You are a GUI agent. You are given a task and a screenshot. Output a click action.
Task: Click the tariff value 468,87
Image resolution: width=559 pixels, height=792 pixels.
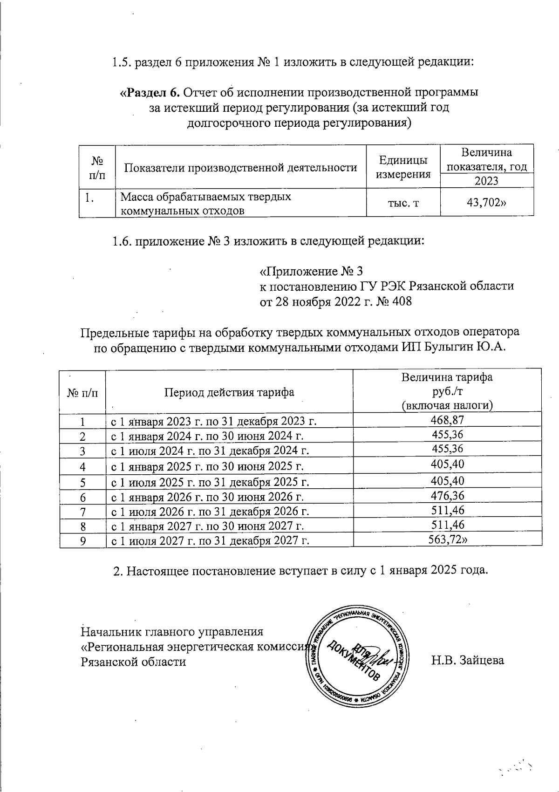tap(447, 420)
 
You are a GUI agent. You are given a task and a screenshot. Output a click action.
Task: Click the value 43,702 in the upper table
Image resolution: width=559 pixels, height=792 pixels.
tap(486, 203)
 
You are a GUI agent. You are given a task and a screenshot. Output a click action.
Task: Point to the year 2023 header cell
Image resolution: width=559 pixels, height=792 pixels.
tap(486, 181)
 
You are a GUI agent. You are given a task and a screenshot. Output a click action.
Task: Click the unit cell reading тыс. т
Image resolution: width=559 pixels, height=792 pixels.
tap(403, 204)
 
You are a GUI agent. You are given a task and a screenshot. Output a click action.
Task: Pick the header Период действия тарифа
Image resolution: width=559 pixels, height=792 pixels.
tap(229, 392)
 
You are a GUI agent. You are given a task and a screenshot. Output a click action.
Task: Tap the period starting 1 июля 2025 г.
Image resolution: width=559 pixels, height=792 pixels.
tap(210, 482)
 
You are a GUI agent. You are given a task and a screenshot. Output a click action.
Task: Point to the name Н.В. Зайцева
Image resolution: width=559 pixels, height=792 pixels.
tap(467, 660)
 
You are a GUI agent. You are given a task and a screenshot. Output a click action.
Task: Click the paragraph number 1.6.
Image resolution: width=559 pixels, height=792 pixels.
tap(123, 241)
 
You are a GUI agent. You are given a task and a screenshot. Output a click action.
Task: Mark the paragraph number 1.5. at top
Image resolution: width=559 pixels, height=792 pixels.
tap(123, 62)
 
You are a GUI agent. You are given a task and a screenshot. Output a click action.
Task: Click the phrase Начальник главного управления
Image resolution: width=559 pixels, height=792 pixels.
tap(172, 632)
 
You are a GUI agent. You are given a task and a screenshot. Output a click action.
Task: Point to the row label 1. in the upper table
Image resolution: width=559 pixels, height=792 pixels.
tap(89, 198)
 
